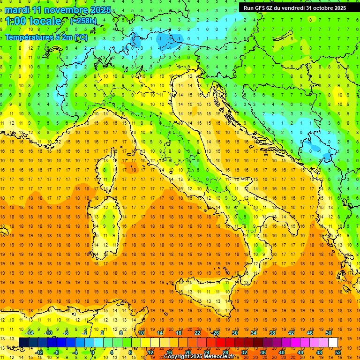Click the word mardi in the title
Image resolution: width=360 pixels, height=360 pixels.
click(17, 10)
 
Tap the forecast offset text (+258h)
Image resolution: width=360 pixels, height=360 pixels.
click(83, 21)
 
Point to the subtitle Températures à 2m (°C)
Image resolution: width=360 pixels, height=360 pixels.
click(46, 37)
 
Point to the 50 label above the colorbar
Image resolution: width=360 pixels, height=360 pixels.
click(328, 333)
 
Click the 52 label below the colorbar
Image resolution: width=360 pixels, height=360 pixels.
click(338, 352)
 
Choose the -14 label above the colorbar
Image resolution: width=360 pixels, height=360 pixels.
click(30, 333)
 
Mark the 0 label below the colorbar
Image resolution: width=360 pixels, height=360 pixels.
click(93, 352)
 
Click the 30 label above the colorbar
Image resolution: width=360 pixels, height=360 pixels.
click(234, 333)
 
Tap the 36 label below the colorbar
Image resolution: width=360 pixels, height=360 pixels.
click(263, 352)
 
